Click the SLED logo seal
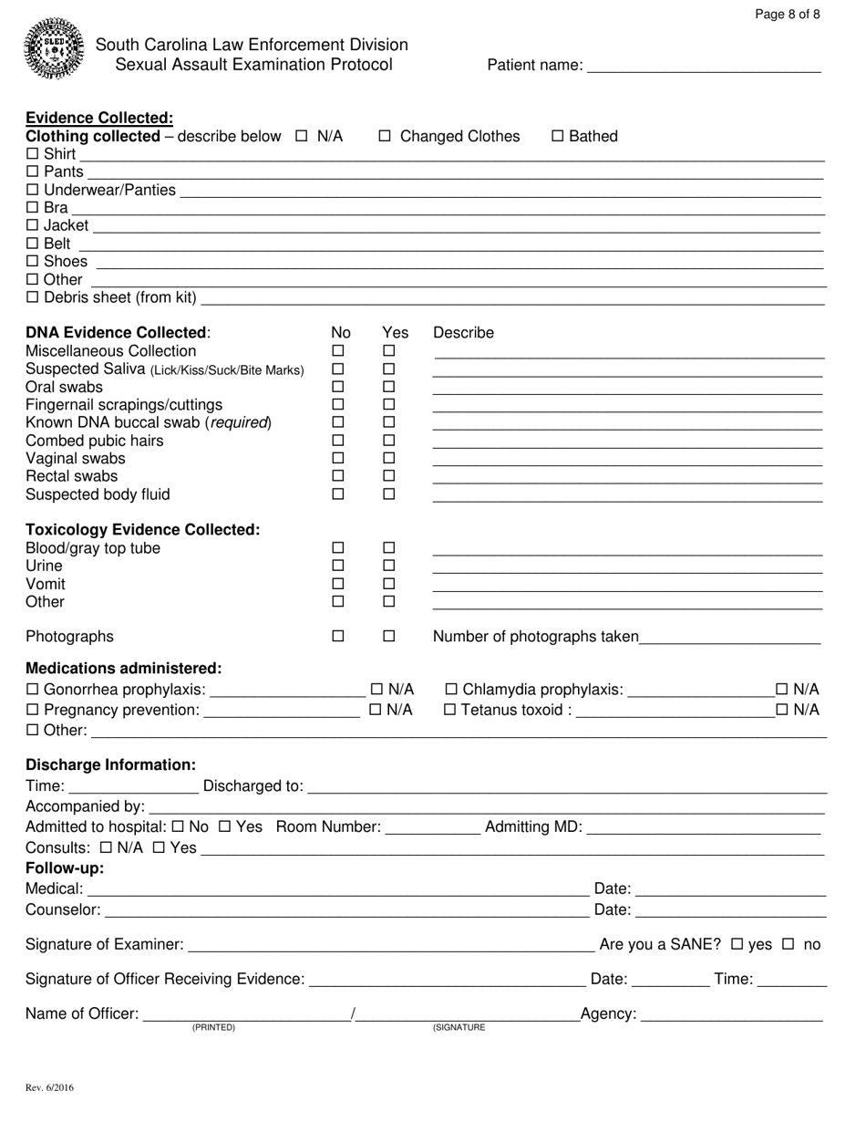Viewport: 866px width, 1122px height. (x=54, y=48)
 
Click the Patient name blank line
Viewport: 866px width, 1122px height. (x=704, y=66)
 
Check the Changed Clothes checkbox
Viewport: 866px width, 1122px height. (x=385, y=137)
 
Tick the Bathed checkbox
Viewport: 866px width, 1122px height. (x=558, y=137)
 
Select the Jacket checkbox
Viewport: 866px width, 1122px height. (x=33, y=225)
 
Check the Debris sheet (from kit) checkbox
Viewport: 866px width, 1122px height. (x=33, y=297)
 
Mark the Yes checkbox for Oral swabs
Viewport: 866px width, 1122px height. (x=389, y=387)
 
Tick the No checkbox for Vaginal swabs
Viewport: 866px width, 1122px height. (x=338, y=458)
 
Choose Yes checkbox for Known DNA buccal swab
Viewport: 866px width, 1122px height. (x=389, y=422)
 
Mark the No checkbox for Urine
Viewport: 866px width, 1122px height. (x=338, y=566)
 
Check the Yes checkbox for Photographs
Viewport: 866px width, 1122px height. (x=389, y=637)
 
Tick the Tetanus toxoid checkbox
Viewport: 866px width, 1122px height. (x=450, y=710)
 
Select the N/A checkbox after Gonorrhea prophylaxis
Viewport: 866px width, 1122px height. (x=376, y=689)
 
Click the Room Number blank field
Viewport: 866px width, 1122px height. (x=433, y=828)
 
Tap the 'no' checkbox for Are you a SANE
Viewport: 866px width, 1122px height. (x=789, y=944)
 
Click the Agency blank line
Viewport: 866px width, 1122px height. (x=732, y=1016)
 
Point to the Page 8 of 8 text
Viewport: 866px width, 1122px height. (x=788, y=14)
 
